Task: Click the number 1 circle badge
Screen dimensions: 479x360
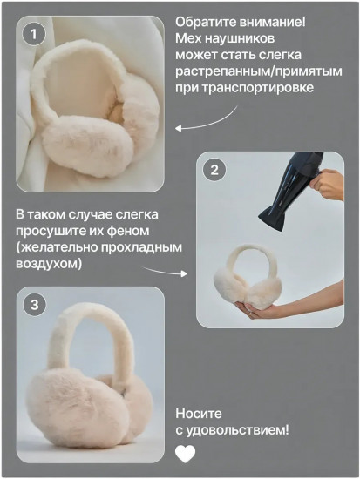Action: click(33, 35)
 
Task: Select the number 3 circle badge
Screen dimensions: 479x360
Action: click(34, 305)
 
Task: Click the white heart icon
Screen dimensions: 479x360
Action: click(186, 453)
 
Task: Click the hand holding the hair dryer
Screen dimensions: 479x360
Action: click(330, 184)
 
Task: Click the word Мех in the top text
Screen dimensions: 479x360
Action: click(187, 38)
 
